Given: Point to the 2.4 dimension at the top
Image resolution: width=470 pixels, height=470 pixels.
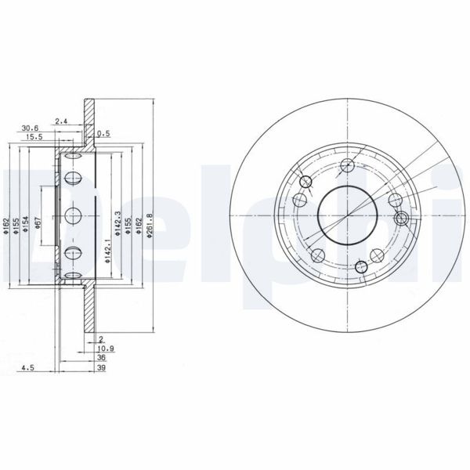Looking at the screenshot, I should click(x=62, y=120).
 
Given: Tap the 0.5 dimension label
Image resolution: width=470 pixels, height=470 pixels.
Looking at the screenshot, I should click(x=103, y=133).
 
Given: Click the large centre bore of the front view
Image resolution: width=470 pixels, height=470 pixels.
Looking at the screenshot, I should click(x=344, y=216).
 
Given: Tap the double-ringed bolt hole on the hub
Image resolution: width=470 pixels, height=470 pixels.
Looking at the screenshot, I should click(x=402, y=219).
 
